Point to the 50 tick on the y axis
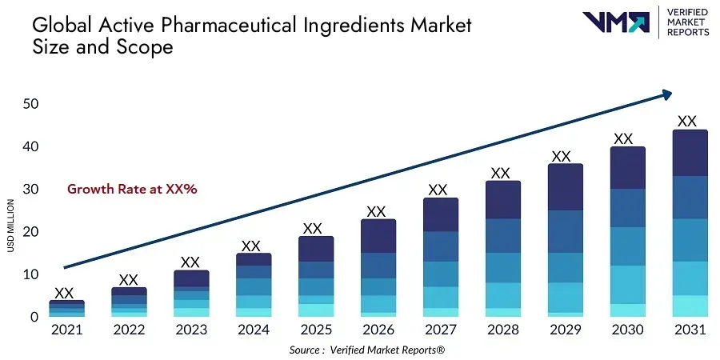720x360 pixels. [x=31, y=104]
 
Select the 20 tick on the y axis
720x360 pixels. [x=31, y=232]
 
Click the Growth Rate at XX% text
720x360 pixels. [x=132, y=190]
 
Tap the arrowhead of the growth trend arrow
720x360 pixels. [x=666, y=95]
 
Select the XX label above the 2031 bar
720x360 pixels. [x=687, y=122]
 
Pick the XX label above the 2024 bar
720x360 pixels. [x=251, y=246]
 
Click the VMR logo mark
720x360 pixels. [x=616, y=22]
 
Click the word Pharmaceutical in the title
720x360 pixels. [x=233, y=24]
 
